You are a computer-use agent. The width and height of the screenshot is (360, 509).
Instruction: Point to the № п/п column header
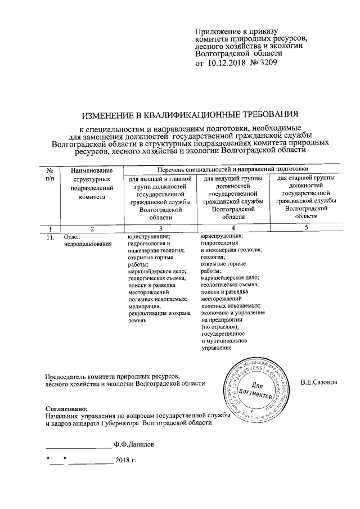pos(50,174)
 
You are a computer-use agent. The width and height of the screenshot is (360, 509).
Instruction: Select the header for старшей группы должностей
pos(306,197)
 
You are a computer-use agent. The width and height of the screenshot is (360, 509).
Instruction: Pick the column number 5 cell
pos(306,228)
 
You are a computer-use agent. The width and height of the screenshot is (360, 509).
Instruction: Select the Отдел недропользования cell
pos(80,241)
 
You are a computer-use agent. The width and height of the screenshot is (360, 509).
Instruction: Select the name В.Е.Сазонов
pos(319,383)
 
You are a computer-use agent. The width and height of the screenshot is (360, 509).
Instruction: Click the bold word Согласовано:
pos(66,407)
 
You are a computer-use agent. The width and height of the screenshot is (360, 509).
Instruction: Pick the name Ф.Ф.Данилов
pos(132,444)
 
